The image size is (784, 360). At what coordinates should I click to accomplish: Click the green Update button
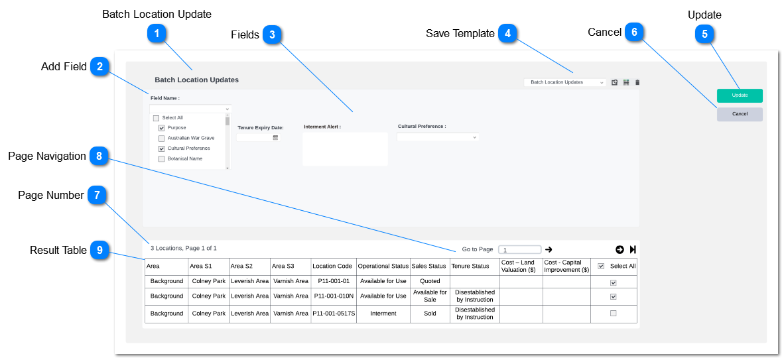point(740,95)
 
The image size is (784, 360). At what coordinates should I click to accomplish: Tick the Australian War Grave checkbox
point(161,138)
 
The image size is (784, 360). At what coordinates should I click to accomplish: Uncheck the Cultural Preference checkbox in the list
point(161,149)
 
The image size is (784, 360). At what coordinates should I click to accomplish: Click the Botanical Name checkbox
point(161,159)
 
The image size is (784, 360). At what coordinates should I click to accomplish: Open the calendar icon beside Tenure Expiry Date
point(275,137)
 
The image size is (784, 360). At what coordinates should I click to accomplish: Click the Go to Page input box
point(520,249)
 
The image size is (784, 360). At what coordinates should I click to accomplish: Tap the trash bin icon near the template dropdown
point(637,82)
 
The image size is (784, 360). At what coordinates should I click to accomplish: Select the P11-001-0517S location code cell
point(334,314)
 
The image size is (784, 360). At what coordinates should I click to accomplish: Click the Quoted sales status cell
point(430,281)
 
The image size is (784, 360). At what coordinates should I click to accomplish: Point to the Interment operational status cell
point(383,314)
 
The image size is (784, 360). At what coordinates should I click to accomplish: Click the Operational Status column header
point(383,267)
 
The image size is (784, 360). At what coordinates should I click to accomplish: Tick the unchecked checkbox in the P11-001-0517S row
point(614,314)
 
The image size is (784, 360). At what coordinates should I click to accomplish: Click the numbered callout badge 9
point(100,250)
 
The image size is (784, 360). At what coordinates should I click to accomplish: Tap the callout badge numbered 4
point(507,34)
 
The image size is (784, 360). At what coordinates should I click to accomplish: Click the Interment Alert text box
point(345,149)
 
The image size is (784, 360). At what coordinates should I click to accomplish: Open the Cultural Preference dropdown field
point(438,137)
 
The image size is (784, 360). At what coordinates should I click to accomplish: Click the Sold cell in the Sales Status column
point(430,314)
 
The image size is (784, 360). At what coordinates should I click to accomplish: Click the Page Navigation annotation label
point(47,156)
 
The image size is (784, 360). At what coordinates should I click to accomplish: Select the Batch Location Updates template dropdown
point(565,82)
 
